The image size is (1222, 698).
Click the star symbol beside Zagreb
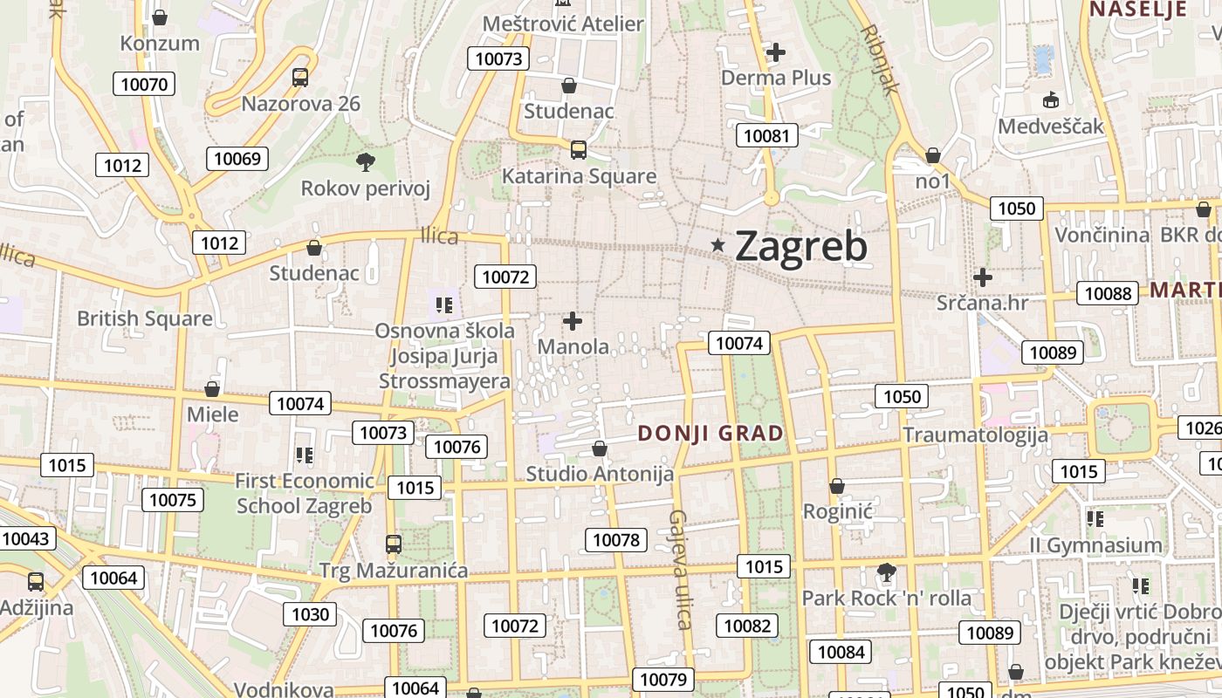coord(718,246)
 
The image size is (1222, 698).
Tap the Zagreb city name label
coord(800,246)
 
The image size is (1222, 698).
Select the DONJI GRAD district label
coord(711,433)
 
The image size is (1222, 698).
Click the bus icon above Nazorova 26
coord(300,78)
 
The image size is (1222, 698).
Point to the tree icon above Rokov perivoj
coord(366,161)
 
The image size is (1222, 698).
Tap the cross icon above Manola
coord(573,321)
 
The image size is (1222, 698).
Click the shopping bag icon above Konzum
coord(160,17)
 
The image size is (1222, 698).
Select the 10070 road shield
coord(144,84)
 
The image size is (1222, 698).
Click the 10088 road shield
coord(1108,293)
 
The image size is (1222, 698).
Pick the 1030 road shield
coord(310,614)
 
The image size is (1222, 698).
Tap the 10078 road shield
coord(616,540)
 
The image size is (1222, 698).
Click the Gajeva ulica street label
coord(680,569)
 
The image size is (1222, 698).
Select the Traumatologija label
coord(975,435)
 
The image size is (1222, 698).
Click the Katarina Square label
coord(579,176)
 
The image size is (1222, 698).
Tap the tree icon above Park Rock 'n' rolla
coord(887,573)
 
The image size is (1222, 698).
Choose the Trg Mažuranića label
coord(394,571)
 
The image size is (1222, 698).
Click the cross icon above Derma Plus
coord(776,52)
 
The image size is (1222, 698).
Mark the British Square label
coord(145,318)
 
